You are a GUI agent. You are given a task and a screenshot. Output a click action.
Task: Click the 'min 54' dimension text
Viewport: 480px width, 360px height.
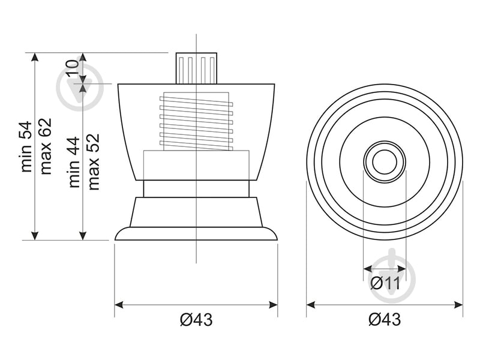(26, 146)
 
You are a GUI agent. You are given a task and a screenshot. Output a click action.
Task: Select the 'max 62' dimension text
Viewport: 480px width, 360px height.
(46, 146)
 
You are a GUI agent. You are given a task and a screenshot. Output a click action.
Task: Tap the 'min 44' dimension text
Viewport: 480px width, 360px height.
(74, 162)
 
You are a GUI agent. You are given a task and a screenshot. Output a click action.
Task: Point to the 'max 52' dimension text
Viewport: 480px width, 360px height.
(94, 161)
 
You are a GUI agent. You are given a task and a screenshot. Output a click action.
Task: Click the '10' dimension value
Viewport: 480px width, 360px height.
(72, 68)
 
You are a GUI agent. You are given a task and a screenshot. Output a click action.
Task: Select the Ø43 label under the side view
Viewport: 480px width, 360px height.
(196, 320)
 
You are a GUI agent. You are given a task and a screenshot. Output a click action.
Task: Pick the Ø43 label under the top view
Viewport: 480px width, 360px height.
(385, 320)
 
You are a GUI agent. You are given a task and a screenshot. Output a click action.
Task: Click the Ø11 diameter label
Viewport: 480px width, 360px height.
(385, 283)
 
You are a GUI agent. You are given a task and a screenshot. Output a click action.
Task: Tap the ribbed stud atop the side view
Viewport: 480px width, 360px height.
(196, 68)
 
